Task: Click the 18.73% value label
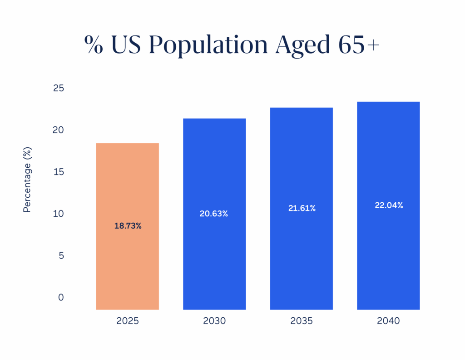click(x=128, y=226)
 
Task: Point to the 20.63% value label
click(x=214, y=214)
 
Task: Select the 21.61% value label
click(x=302, y=208)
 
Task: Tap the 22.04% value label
click(x=389, y=205)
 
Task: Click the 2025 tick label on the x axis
click(x=128, y=321)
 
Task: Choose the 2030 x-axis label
click(x=214, y=321)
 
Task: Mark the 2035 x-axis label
click(x=302, y=321)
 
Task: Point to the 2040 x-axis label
click(x=388, y=321)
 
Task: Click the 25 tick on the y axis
click(x=59, y=88)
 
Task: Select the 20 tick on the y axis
click(x=59, y=130)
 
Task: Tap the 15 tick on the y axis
click(x=59, y=172)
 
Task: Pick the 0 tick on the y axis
click(x=61, y=297)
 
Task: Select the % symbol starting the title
click(x=94, y=45)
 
